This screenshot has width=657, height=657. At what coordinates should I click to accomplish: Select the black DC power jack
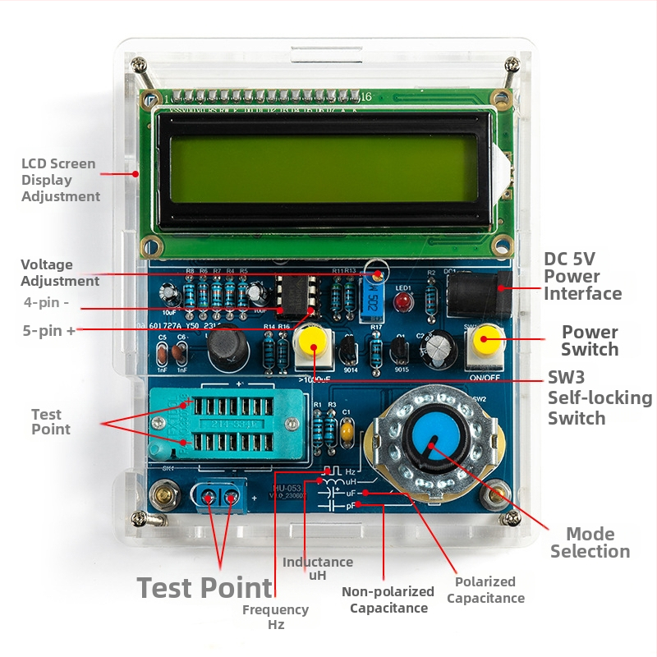click(x=477, y=290)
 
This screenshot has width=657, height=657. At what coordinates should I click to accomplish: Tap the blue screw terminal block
click(x=220, y=496)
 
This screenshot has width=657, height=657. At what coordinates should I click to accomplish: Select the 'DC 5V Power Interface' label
click(x=582, y=277)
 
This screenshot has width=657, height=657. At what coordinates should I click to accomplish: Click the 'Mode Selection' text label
click(x=590, y=543)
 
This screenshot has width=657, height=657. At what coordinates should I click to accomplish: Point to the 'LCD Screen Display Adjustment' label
click(x=60, y=180)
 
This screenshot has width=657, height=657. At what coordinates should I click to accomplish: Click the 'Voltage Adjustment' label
click(x=60, y=273)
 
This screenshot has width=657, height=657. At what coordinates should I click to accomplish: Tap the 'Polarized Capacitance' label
click(x=485, y=590)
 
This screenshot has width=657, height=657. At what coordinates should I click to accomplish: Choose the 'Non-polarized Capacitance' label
click(x=388, y=600)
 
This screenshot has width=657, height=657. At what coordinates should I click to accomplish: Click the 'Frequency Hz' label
click(x=275, y=617)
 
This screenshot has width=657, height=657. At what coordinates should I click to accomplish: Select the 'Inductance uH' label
click(x=318, y=568)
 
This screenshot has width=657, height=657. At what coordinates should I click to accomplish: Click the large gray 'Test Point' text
click(x=204, y=588)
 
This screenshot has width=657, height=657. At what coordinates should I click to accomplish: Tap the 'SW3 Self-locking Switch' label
click(x=600, y=397)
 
